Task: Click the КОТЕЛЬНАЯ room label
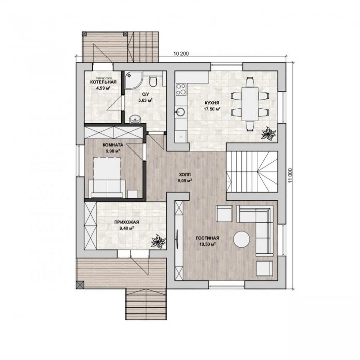[x=103, y=82]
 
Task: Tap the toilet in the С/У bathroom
[x=153, y=82]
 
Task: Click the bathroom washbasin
[x=136, y=119]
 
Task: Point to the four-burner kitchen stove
[x=181, y=89]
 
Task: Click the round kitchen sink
[x=180, y=112]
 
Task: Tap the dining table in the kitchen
[x=250, y=104]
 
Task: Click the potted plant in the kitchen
[x=268, y=133]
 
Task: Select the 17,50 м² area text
[x=212, y=109]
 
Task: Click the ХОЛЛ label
[x=185, y=174]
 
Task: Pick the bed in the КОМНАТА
[x=107, y=177]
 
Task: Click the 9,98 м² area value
[x=113, y=151]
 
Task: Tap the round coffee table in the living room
[x=242, y=239]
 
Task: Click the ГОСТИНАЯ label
[x=208, y=238]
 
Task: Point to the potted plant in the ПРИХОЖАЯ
[x=158, y=241]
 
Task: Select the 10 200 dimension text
[x=181, y=54]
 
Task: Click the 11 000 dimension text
[x=291, y=176]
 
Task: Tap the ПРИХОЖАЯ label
[x=127, y=222]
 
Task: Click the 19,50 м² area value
[x=207, y=244]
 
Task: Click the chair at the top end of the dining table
[x=250, y=82]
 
